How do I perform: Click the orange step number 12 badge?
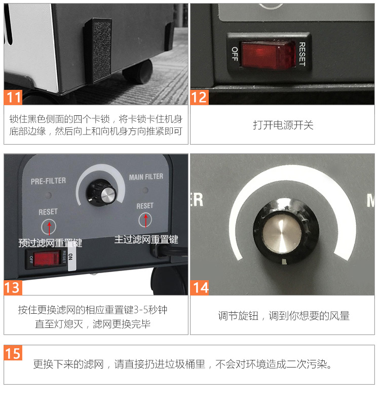click(199, 96)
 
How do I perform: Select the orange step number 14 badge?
click(199, 287)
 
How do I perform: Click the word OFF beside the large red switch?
click(235, 54)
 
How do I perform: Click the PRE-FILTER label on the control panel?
click(48, 181)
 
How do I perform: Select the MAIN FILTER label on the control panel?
click(146, 177)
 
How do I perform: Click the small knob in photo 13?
click(106, 193)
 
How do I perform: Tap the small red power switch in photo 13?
click(47, 258)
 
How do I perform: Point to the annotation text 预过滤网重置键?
click(50, 243)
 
